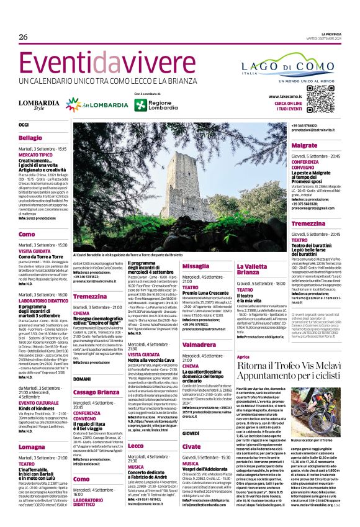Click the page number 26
click(x=24, y=37)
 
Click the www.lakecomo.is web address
click(x=286, y=97)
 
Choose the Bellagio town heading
click(x=32, y=137)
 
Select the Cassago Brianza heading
click(x=96, y=375)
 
